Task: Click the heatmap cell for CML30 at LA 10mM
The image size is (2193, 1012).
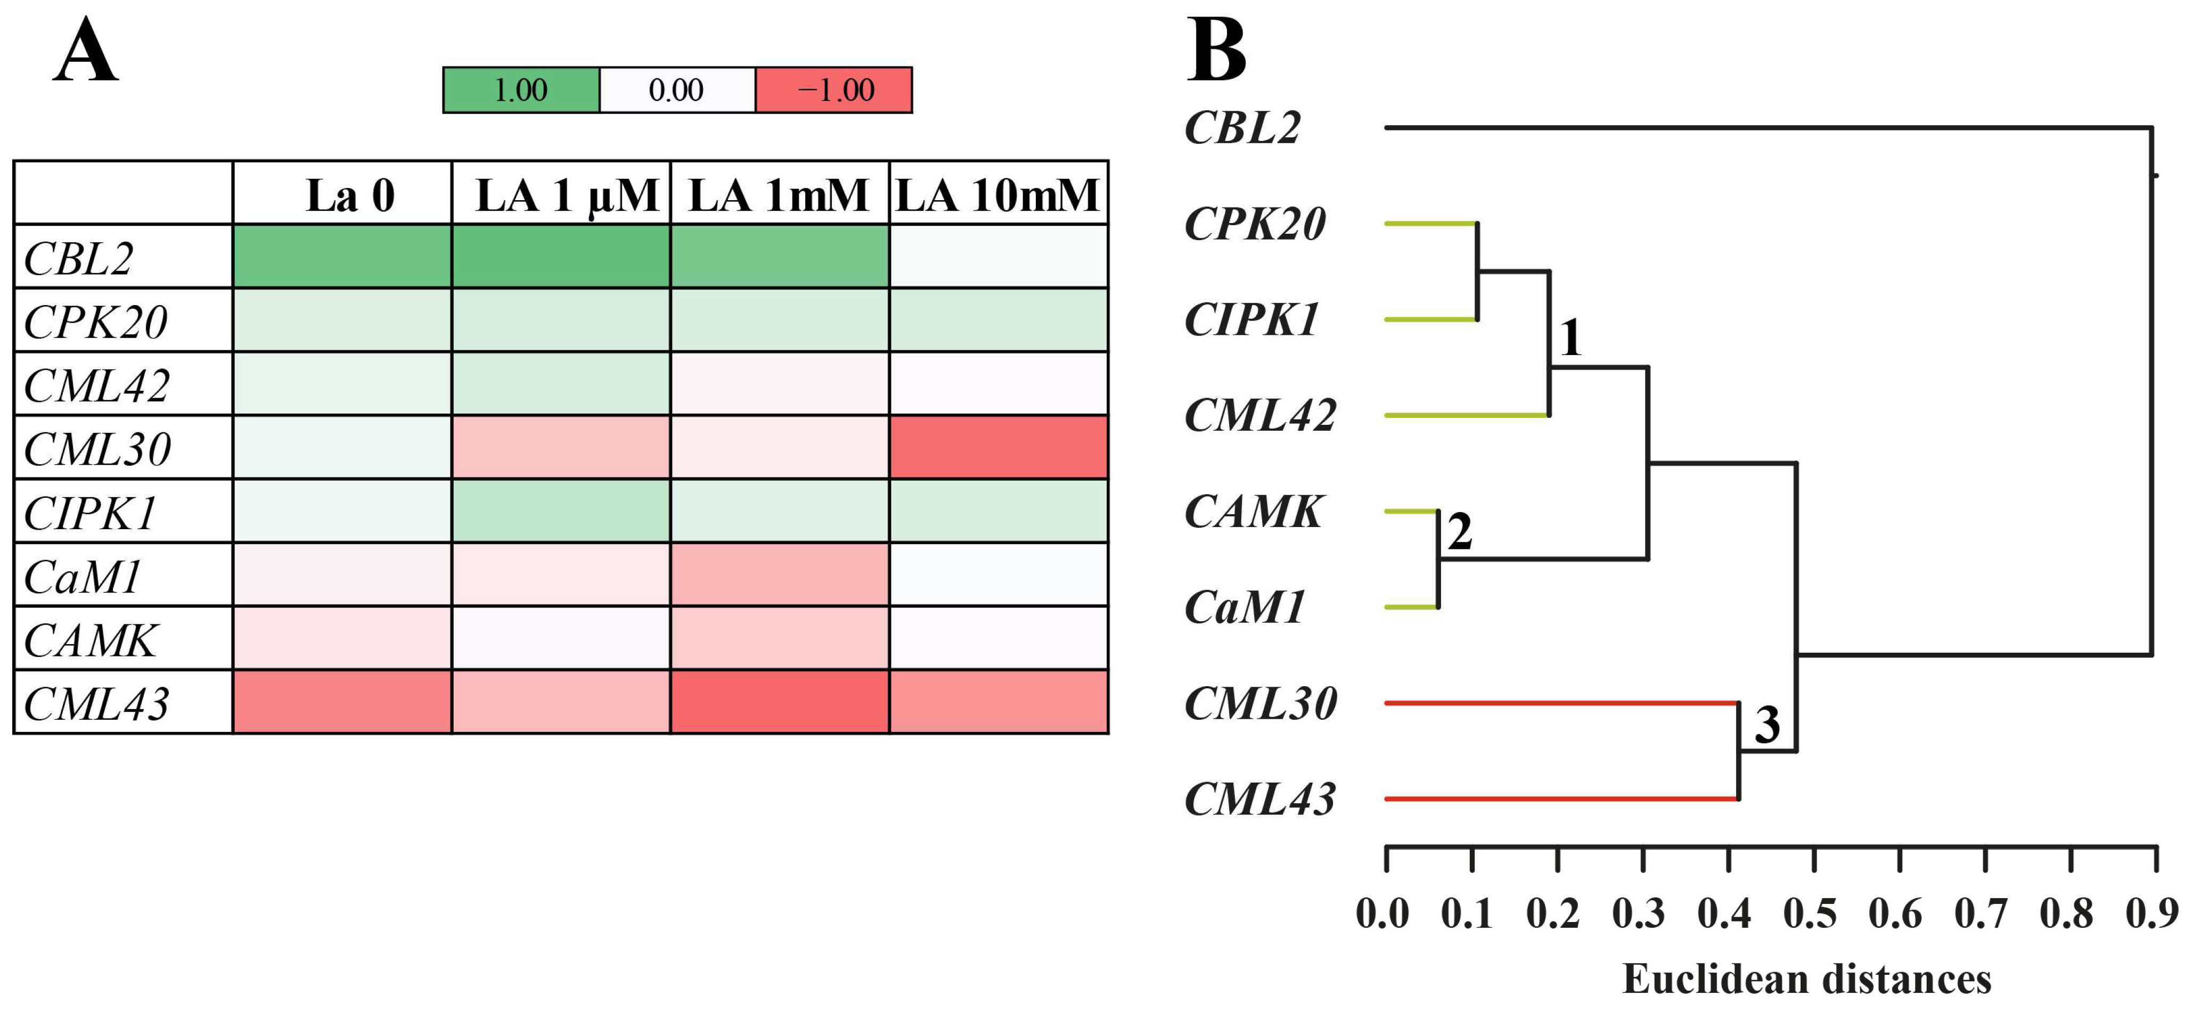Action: (x=999, y=447)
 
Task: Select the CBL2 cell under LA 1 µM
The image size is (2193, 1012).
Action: (x=561, y=256)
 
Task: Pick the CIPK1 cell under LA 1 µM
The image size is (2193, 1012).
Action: (x=561, y=511)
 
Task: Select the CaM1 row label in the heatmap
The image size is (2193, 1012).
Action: (x=83, y=577)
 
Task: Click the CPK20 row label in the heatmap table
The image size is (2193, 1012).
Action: (x=95, y=322)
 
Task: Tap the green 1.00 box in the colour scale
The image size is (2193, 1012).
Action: (x=521, y=90)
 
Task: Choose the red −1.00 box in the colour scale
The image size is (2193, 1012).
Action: (x=834, y=90)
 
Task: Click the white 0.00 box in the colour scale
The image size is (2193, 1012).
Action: (x=677, y=90)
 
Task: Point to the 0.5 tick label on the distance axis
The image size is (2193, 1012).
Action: (x=1810, y=914)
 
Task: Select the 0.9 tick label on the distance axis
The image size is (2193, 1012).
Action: (x=2152, y=914)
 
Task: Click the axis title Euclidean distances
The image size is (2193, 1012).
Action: (x=1806, y=979)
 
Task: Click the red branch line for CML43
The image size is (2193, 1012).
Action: (x=1558, y=799)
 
